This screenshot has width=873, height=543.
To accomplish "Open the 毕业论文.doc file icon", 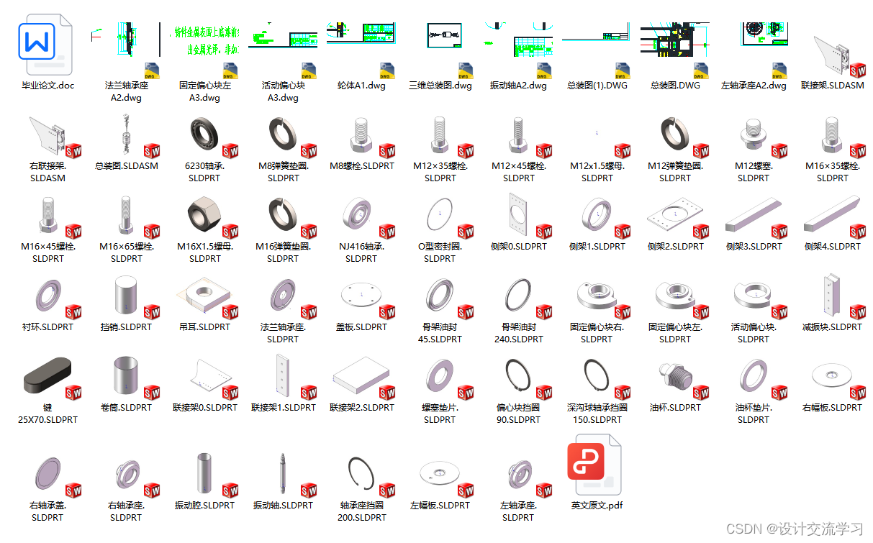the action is pos(48,45).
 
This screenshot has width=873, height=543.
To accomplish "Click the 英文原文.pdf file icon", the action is pos(596,465).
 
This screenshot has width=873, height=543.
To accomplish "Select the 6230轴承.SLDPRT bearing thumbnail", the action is pos(205,134).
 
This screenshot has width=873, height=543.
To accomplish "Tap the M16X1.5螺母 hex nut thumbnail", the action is pos(205,214).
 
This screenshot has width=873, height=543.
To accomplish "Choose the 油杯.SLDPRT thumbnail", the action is pos(674,377).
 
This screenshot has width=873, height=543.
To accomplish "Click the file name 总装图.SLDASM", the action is pos(127,166).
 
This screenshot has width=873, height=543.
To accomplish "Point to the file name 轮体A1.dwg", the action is pos(361,86).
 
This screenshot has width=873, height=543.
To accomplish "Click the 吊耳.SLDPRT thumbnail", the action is pos(204,296).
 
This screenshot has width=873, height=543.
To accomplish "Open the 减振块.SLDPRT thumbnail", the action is pos(831,296).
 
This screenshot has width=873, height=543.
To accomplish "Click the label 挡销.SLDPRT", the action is pos(127,327).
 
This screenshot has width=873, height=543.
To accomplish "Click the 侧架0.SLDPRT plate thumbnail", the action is pos(518,214).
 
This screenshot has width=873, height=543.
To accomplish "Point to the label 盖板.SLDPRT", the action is pos(361,327).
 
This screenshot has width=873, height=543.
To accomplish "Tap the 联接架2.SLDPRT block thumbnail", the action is pos(361,377).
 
